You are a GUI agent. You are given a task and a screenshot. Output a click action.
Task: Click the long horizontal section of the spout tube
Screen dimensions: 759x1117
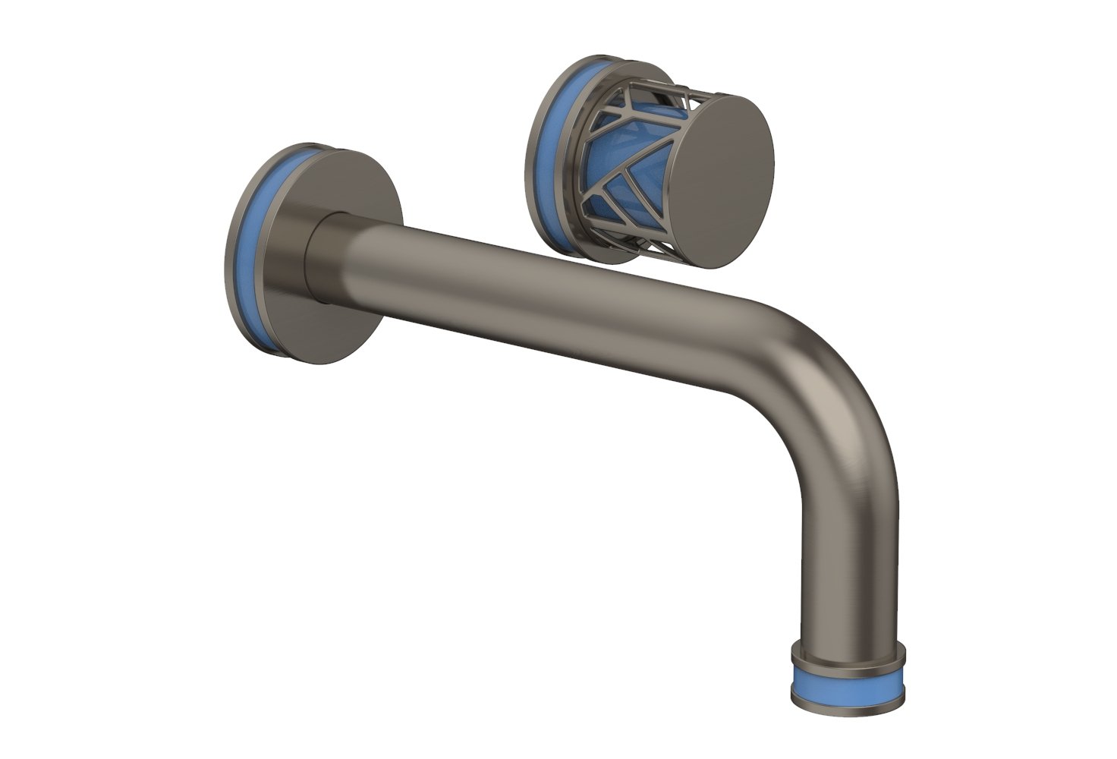coord(531,288)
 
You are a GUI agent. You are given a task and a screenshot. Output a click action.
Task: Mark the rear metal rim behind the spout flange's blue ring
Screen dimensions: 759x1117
coord(231,250)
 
